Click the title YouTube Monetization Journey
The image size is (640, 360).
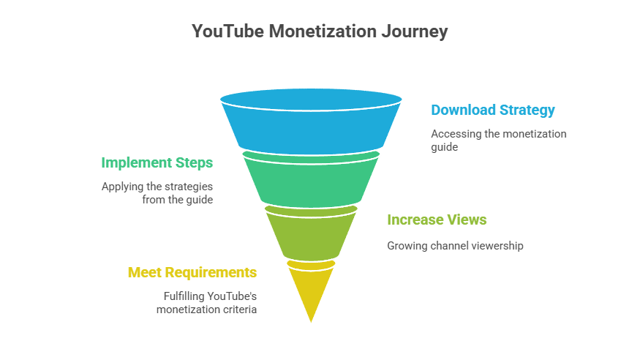tap(319, 31)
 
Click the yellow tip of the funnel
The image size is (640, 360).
tap(311, 289)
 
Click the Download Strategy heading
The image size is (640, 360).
tap(492, 110)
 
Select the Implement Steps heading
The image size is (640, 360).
tap(157, 162)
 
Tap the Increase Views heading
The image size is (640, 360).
tap(437, 220)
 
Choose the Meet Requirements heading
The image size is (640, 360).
tap(192, 272)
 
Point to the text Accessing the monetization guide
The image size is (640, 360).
tap(498, 140)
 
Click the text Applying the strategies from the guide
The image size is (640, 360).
tap(157, 192)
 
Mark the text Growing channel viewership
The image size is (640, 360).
tap(455, 246)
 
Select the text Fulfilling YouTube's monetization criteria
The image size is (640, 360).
tap(210, 303)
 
